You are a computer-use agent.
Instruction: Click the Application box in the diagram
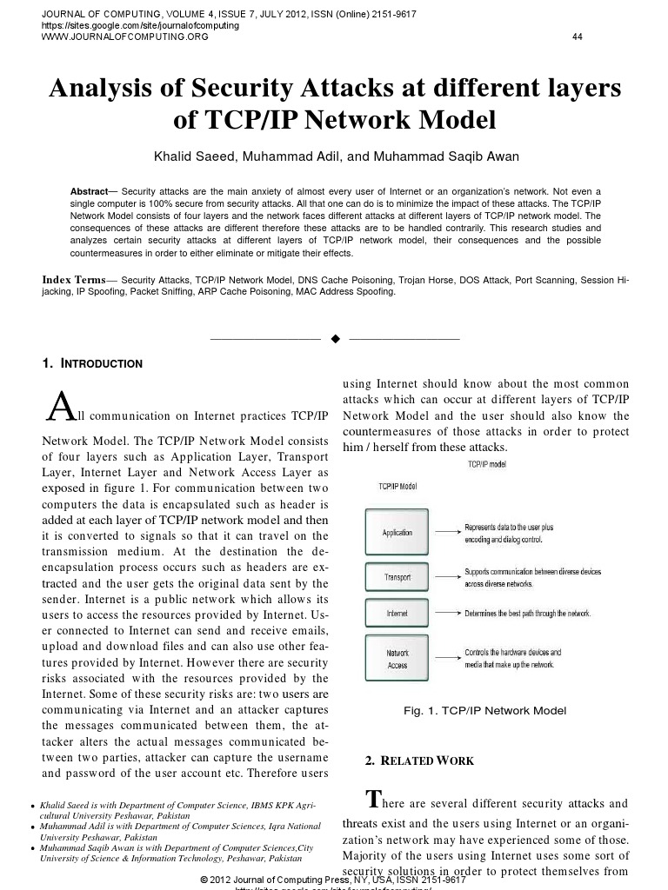tap(397, 532)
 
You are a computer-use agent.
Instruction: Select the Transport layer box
tap(397, 577)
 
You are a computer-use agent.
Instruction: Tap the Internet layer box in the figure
tap(397, 614)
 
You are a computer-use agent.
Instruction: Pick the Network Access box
tap(397, 659)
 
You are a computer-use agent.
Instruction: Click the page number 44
tap(578, 37)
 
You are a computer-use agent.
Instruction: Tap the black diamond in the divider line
tap(335, 338)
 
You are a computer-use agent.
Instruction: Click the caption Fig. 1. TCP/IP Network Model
tap(485, 711)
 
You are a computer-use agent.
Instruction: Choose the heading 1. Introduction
tap(93, 363)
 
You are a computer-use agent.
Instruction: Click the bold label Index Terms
tap(74, 280)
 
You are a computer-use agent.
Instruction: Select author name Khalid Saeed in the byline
tap(184, 156)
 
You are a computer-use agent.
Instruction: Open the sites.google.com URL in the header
tap(140, 26)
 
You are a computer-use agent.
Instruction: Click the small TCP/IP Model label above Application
tap(397, 487)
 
